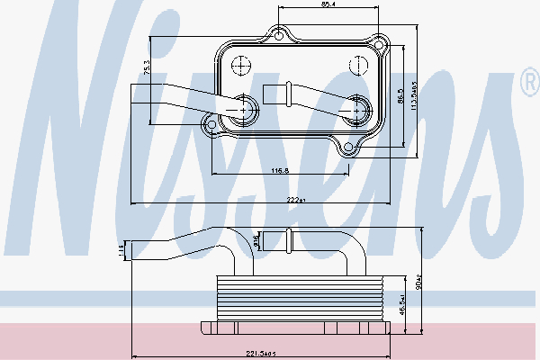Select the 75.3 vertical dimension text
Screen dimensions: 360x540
pyautogui.click(x=147, y=67)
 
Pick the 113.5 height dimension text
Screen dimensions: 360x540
pyautogui.click(x=416, y=104)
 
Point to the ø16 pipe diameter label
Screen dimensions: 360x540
pyautogui.click(x=256, y=239)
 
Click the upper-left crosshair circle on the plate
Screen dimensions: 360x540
pyautogui.click(x=241, y=66)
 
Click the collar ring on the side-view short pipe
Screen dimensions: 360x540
pyautogui.click(x=289, y=240)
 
